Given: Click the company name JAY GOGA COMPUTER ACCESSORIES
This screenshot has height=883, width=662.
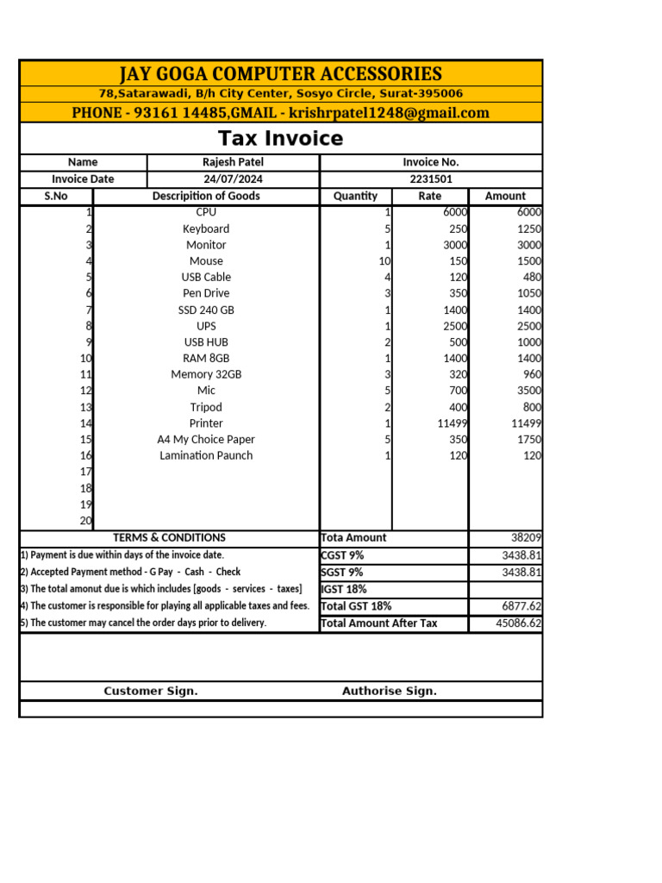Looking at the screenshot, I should point(280,73).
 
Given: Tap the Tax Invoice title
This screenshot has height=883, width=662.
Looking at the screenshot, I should point(280,139).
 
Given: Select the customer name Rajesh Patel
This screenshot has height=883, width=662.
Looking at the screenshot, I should point(233,162).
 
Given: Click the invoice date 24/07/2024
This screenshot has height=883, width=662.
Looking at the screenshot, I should point(233,179).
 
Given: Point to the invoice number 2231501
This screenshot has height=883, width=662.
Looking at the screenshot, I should point(431,179).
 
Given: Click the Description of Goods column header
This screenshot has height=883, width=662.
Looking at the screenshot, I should point(206,196).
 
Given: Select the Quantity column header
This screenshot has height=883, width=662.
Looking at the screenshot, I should point(355,196).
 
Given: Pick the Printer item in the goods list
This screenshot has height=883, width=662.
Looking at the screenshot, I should point(206,423).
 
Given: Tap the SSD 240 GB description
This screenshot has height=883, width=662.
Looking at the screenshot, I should point(206,310).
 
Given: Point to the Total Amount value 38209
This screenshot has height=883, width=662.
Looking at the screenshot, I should point(524,537).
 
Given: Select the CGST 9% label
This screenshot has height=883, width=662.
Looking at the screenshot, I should point(342,555).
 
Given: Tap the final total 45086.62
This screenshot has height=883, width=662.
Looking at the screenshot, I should point(519,623).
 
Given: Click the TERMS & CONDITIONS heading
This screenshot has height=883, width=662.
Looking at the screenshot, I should point(169,537).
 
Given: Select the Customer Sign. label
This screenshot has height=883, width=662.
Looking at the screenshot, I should point(151,691).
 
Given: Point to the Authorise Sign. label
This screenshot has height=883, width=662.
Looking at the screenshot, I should point(390,691).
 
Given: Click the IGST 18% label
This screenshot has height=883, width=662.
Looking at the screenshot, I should point(344,589).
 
